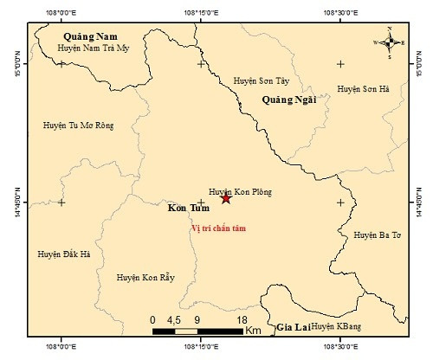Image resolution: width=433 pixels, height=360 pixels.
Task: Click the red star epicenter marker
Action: [226, 199]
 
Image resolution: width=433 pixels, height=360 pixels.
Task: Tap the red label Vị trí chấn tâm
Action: [218, 228]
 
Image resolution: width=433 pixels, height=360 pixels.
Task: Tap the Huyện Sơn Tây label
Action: [259, 81]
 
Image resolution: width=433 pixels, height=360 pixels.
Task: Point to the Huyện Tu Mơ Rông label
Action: [78, 125]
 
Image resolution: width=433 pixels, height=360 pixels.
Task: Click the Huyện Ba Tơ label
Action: [378, 235]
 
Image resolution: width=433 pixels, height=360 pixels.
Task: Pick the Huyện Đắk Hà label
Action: [64, 254]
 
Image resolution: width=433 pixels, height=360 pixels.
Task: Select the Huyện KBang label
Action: [334, 326]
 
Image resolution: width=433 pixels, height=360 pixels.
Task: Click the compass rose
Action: [389, 41]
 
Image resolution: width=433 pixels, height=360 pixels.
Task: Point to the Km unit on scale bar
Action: [253, 331]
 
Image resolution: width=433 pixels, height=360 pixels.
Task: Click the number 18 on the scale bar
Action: [242, 318]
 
